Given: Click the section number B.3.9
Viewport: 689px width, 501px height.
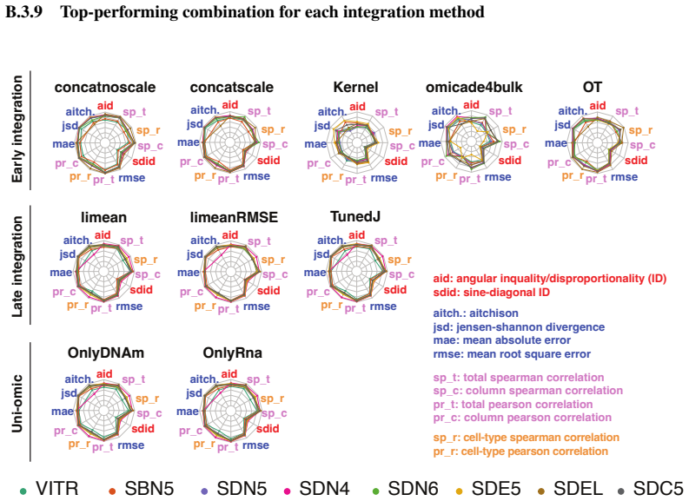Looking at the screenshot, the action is [23, 12].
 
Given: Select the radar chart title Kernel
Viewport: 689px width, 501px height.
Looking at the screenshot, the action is [355, 87].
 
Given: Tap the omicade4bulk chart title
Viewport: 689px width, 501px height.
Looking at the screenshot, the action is [474, 87].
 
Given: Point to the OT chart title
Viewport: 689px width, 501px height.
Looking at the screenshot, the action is [593, 87].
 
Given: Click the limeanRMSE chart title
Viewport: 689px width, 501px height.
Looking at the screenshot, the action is [234, 217].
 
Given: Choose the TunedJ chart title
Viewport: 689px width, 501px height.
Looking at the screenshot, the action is [355, 216].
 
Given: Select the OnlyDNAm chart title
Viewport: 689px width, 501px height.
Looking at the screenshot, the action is [105, 353].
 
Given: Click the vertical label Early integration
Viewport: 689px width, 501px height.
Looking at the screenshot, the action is [17, 129].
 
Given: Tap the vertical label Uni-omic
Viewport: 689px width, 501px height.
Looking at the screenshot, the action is [17, 404].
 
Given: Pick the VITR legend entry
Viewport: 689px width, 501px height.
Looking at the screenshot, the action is [49, 489].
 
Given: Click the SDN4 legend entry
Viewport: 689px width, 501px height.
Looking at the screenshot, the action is [317, 489].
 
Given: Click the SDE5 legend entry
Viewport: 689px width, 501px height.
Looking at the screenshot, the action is [488, 489].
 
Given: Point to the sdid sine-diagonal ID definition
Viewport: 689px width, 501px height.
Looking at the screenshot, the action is [491, 293].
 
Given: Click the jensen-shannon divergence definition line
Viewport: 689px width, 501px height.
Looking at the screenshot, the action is [519, 327].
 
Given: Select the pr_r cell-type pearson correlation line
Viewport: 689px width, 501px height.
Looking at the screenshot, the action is [520, 452].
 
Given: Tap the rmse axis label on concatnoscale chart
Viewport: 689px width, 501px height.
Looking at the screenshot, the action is [132, 178].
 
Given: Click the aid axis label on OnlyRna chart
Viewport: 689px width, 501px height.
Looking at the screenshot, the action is [229, 374].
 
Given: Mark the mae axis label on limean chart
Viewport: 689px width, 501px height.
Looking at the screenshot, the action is [61, 273].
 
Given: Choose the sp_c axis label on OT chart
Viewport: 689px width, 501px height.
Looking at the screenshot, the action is [642, 145].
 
